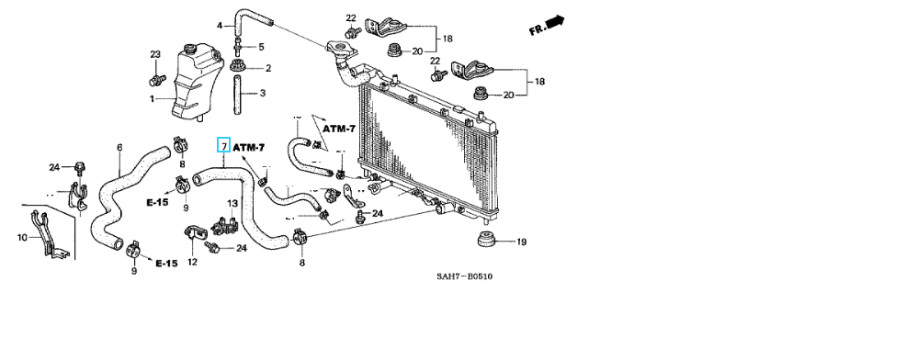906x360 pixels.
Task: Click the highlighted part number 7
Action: click(x=223, y=147)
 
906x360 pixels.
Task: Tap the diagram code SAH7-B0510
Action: click(x=465, y=276)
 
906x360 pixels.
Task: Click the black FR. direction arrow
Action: click(x=555, y=22)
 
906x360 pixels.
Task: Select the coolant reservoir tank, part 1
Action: click(x=198, y=82)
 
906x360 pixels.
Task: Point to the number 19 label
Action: click(x=521, y=242)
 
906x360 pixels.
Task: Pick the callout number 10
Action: click(x=23, y=238)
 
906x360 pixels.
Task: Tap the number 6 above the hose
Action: click(x=119, y=147)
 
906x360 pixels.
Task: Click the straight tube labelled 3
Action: click(x=237, y=96)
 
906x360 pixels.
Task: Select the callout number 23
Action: click(x=155, y=54)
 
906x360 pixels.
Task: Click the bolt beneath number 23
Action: click(x=156, y=79)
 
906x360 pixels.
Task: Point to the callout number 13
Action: click(x=232, y=203)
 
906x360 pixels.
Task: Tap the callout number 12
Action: click(x=192, y=263)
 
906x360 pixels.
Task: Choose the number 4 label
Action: click(x=220, y=26)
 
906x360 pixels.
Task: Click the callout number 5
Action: click(x=261, y=47)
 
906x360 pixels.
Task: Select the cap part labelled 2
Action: click(x=237, y=66)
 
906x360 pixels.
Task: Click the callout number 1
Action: click(x=153, y=99)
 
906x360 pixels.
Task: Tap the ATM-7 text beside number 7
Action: click(x=249, y=148)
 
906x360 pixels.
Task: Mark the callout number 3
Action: click(x=262, y=93)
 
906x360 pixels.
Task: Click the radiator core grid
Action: click(x=427, y=144)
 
